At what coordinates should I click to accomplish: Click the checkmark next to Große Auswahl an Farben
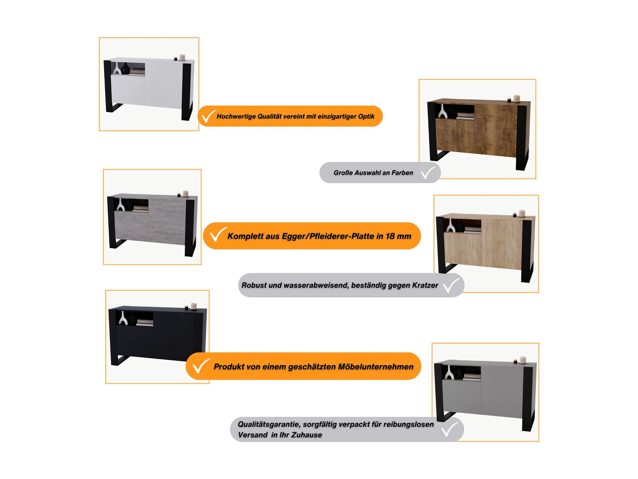[428, 173]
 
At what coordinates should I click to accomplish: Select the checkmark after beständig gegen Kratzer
[451, 286]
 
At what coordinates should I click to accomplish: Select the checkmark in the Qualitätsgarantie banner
[450, 429]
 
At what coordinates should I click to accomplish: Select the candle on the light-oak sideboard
[522, 213]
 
